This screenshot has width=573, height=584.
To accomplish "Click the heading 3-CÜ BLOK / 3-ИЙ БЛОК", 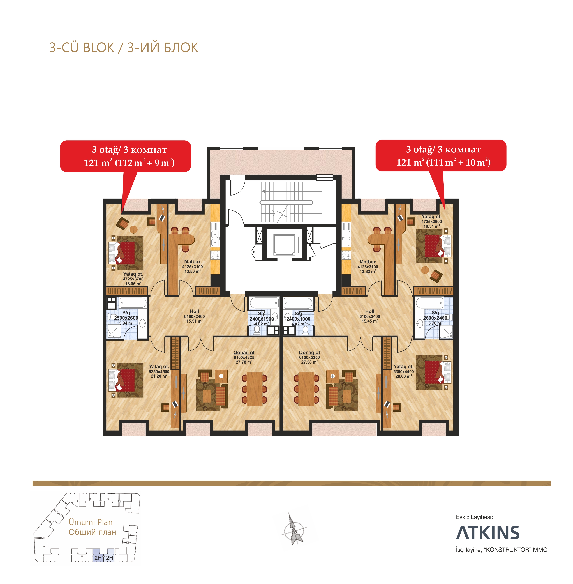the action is [x=124, y=48].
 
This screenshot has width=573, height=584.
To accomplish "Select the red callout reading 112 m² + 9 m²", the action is [x=126, y=156].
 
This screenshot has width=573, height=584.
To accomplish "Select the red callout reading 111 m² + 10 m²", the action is [x=441, y=156].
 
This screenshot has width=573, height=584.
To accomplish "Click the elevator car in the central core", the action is [x=284, y=245].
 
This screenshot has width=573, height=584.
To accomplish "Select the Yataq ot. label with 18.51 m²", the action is [x=432, y=221].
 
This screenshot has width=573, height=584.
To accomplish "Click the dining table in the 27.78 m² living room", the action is [x=254, y=389].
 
